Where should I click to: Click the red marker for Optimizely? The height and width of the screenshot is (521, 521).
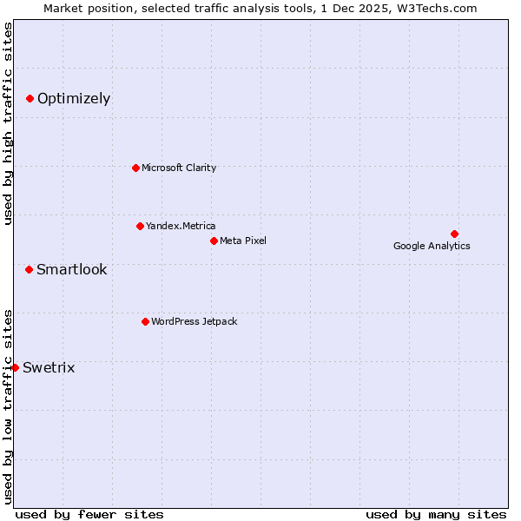pos(30,99)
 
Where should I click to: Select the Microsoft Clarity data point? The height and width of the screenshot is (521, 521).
pos(135,168)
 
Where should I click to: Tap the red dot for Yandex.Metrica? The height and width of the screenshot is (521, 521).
pos(140,226)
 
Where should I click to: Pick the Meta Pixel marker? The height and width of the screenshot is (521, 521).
pos(214,241)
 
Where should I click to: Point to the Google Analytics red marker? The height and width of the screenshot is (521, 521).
pos(454,234)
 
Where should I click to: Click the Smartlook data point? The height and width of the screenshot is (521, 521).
pos(29,269)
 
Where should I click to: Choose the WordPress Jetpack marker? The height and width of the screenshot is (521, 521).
pos(145,321)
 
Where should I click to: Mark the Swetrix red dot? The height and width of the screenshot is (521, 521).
pos(15,367)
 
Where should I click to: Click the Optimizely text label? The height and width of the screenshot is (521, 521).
pos(74,99)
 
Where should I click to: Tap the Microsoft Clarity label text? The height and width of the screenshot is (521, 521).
pos(179,168)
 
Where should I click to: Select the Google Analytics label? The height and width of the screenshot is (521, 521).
pos(432,246)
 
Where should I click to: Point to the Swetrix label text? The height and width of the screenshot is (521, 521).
pos(49,367)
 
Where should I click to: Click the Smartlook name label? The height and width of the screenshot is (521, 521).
pos(72,269)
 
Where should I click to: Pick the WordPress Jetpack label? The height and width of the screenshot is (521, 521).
pos(194,321)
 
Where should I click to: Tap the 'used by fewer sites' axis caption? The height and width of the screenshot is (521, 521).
pos(89,514)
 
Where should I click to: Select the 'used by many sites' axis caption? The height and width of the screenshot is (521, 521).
pos(436,514)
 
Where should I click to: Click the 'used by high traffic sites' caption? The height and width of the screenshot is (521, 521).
pos(9,123)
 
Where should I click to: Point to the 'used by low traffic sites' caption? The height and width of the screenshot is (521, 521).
pos(9,406)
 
